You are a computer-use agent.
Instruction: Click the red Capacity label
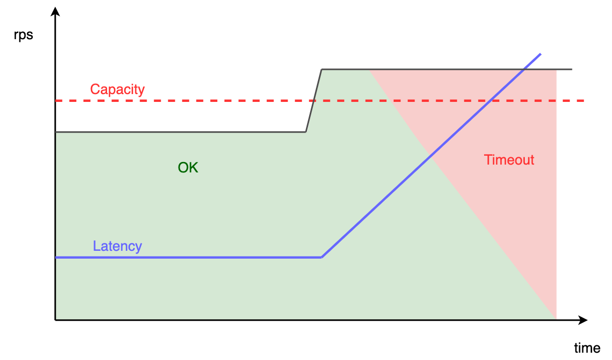[x=117, y=89]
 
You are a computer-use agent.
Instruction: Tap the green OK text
[x=188, y=168]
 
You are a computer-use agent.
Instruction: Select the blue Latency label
[x=117, y=246]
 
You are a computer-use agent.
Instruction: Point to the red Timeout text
[x=509, y=160]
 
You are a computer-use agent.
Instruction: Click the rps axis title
[x=23, y=35]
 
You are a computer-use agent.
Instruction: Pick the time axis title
[x=587, y=347]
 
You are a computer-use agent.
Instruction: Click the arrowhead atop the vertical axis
[x=55, y=11]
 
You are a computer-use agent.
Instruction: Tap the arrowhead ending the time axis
[x=583, y=320]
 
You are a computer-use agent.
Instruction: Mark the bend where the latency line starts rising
[x=322, y=257]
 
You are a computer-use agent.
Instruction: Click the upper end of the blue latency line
[x=540, y=54]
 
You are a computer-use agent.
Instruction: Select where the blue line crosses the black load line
[x=525, y=69]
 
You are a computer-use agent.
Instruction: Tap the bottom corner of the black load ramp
[x=305, y=132]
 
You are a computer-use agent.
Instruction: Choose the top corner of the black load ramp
[x=322, y=69]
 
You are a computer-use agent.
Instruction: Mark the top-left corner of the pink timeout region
[x=369, y=69]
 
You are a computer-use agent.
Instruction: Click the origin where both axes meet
[x=55, y=320]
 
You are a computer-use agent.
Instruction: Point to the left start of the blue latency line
[x=56, y=257]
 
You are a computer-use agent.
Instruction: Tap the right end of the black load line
[x=572, y=69]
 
